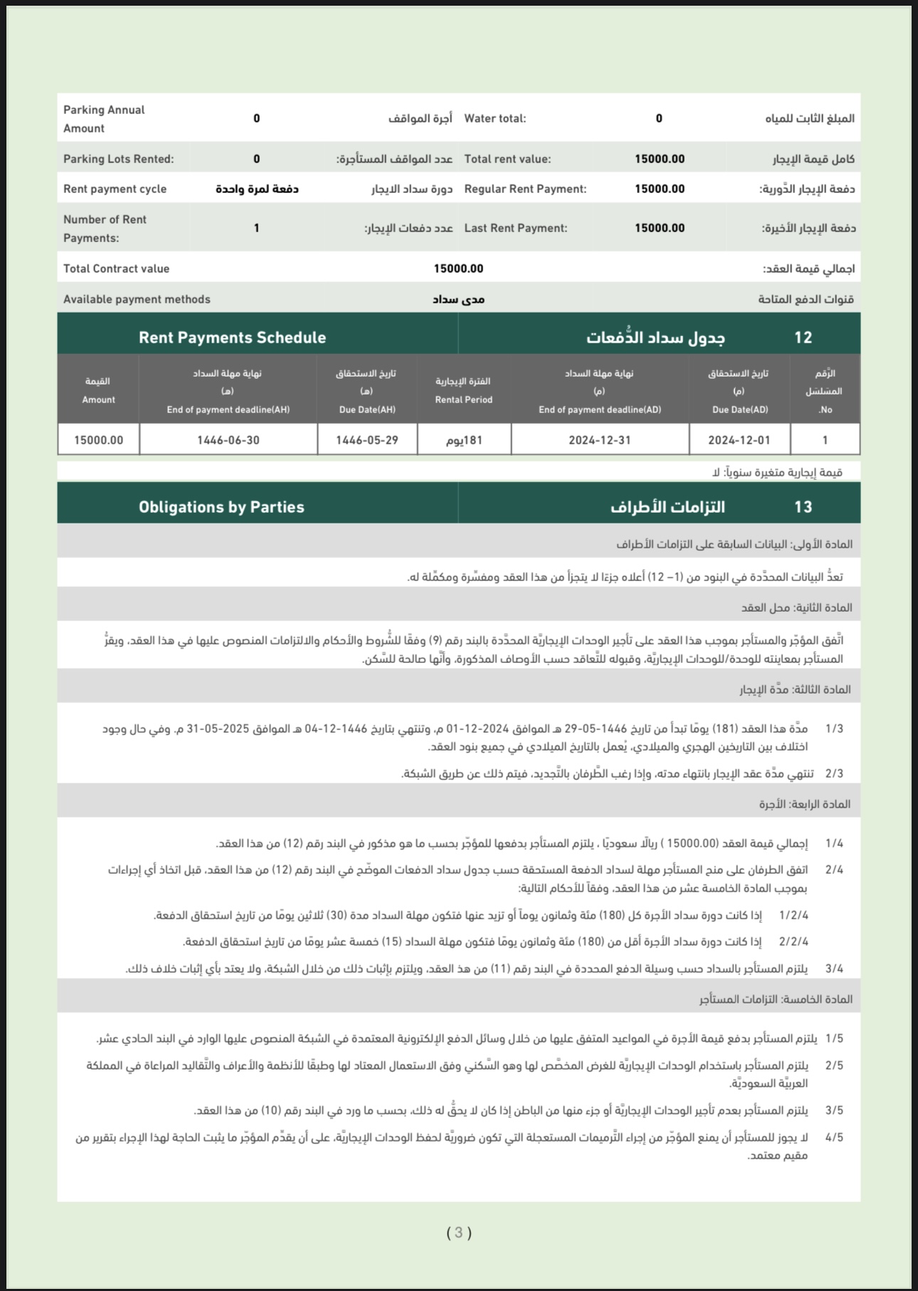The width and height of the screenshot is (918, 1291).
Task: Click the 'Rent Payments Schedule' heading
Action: tap(232, 338)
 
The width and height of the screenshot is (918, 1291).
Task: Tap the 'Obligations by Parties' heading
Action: tap(221, 507)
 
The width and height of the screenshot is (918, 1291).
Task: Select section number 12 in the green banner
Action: tap(803, 338)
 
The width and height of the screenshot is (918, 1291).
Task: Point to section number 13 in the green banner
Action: tap(803, 507)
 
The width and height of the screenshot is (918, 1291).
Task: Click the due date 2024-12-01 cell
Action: tap(739, 440)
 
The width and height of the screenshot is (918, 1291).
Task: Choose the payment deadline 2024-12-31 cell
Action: tap(599, 440)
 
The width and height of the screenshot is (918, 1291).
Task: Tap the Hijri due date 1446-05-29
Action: tap(366, 440)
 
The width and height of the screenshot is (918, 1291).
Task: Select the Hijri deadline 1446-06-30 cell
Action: tap(228, 440)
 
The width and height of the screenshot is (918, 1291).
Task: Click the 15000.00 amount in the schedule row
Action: tap(98, 440)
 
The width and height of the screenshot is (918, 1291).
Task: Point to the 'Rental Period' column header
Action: tap(463, 399)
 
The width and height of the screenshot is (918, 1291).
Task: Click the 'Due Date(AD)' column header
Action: tap(740, 409)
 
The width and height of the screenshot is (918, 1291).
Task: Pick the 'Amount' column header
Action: tap(98, 399)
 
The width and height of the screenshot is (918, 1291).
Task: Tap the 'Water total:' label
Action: tap(495, 118)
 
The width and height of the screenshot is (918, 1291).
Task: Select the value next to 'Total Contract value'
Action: tap(458, 268)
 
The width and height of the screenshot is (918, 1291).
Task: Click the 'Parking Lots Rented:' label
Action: tap(118, 159)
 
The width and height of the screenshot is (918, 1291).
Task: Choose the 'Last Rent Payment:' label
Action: tap(515, 228)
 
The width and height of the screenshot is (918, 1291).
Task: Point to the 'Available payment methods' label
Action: tap(137, 299)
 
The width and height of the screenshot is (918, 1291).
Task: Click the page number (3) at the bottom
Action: tap(459, 1233)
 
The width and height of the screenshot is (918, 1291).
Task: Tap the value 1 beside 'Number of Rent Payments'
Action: tap(256, 228)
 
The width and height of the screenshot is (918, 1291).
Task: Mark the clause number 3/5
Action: tap(834, 1110)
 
